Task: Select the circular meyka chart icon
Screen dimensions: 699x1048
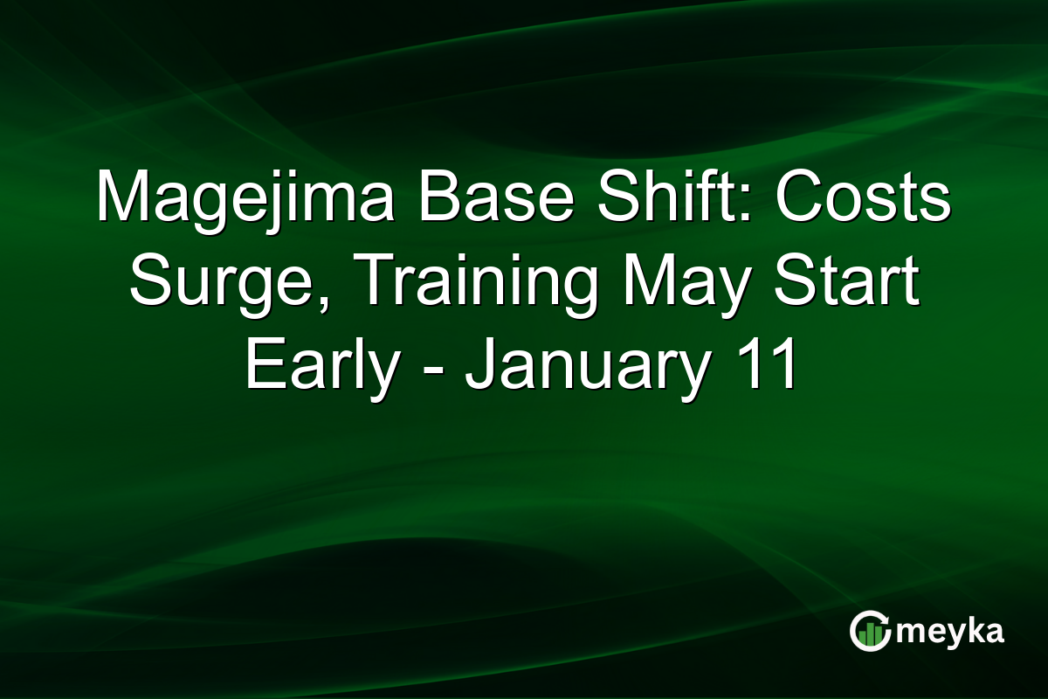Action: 869,631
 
